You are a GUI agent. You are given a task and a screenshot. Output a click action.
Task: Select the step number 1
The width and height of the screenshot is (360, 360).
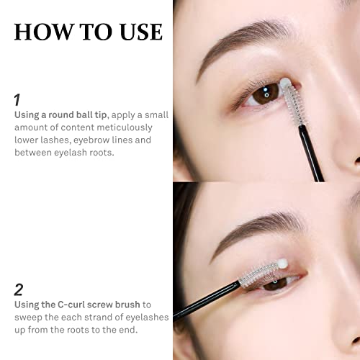[x=17, y=100]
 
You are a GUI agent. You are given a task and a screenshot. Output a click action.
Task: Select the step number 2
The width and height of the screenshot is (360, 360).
[x=19, y=290]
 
